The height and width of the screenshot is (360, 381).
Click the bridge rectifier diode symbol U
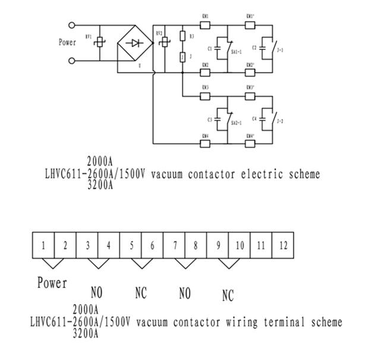(x=136, y=43)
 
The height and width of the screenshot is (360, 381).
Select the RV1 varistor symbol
(x=99, y=42)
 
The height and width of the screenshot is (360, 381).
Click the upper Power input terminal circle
(x=72, y=26)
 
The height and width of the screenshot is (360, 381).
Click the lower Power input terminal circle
(x=72, y=61)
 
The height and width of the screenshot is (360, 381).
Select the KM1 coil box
(x=205, y=26)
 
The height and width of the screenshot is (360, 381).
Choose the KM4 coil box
(x=205, y=143)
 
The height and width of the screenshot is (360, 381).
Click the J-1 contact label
(x=280, y=50)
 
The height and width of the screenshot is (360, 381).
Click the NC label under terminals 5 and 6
(x=140, y=293)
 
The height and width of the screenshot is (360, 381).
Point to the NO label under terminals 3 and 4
(x=96, y=293)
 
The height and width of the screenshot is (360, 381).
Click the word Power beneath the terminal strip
(x=52, y=283)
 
